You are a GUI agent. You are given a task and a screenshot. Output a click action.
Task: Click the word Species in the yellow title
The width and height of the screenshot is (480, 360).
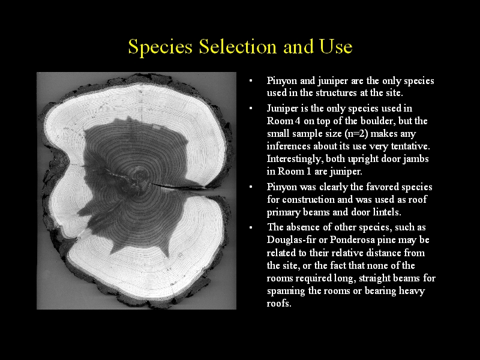(x=160, y=47)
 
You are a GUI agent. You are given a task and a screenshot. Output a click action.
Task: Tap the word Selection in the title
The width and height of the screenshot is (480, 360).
(x=238, y=46)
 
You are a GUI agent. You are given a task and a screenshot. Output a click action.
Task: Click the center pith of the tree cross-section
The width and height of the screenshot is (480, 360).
(x=140, y=176)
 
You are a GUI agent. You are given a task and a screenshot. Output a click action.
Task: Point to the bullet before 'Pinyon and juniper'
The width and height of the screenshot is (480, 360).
(x=251, y=80)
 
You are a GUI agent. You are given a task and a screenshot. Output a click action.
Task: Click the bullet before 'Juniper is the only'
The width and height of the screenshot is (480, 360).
(x=251, y=108)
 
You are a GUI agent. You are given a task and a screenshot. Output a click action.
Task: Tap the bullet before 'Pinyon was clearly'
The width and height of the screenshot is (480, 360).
(x=251, y=187)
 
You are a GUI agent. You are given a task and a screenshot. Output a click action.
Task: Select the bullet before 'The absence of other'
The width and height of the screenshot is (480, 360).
(x=251, y=227)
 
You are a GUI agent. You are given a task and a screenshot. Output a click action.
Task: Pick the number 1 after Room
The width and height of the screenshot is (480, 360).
(x=308, y=172)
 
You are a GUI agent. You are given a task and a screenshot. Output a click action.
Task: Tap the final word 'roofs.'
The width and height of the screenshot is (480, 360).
(x=278, y=304)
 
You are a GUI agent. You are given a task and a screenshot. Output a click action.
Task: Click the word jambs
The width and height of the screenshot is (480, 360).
(x=415, y=159)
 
